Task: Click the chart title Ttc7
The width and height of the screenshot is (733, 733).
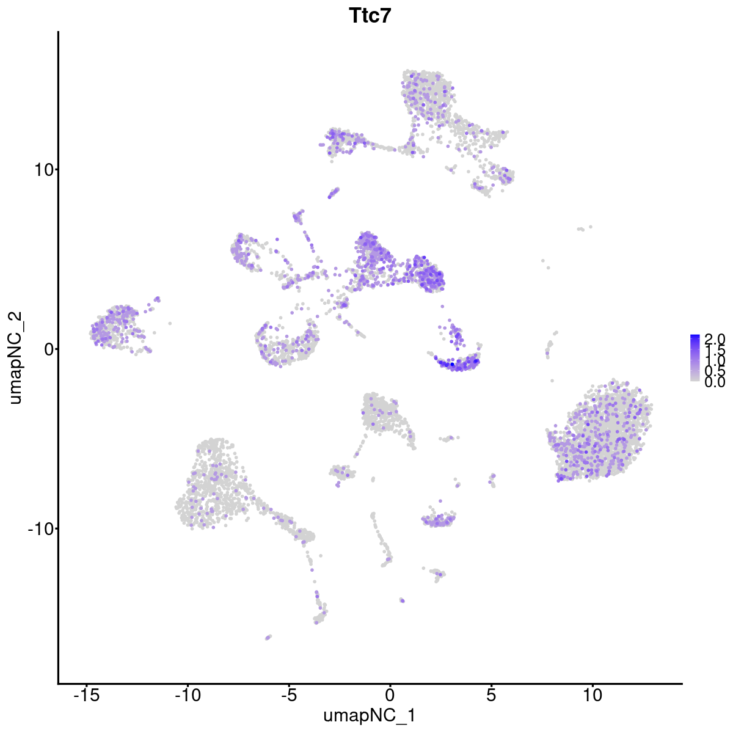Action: pyautogui.click(x=370, y=16)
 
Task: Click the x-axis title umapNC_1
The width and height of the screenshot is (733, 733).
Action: pyautogui.click(x=370, y=715)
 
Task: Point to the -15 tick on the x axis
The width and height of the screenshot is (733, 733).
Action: pyautogui.click(x=87, y=696)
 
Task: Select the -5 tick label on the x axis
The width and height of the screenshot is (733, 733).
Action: pyautogui.click(x=289, y=696)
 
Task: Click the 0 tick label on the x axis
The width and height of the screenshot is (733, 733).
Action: pyautogui.click(x=390, y=696)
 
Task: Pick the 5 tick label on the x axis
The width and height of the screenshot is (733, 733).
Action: pyautogui.click(x=491, y=696)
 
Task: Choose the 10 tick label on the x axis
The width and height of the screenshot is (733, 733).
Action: pyautogui.click(x=592, y=696)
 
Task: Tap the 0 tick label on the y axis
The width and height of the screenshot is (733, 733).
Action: pyautogui.click(x=48, y=349)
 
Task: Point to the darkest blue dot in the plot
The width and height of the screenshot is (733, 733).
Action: pyautogui.click(x=452, y=365)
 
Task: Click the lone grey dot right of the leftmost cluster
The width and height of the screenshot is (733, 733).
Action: pyautogui.click(x=170, y=323)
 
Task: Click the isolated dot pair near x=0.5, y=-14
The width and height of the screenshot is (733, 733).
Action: pyautogui.click(x=401, y=600)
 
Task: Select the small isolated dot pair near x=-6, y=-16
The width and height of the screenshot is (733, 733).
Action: pyautogui.click(x=268, y=637)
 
